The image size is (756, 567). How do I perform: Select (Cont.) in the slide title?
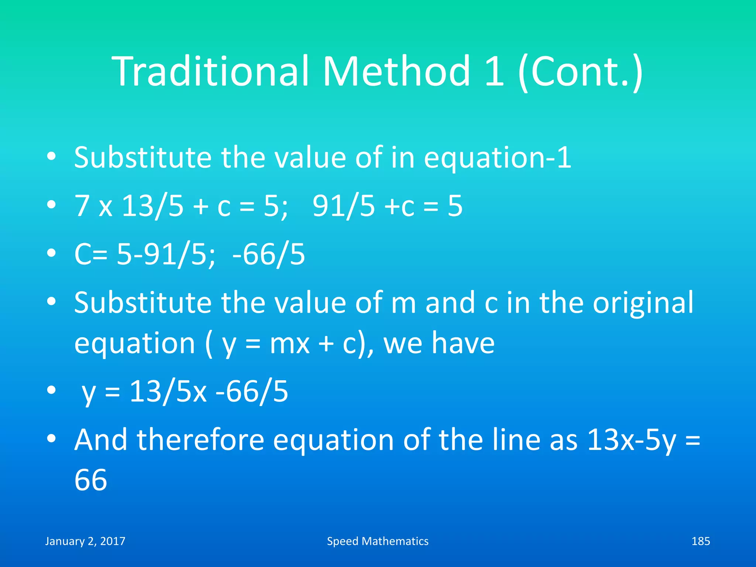[580, 72]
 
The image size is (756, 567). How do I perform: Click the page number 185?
[700, 541]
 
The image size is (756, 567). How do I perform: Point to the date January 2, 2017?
[85, 541]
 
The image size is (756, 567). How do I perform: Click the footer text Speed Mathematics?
[378, 541]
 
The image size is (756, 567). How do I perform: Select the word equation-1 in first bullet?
[497, 158]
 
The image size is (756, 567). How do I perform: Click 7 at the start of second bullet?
[82, 206]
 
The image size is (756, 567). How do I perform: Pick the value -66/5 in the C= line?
[269, 255]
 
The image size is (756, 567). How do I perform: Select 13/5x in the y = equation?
[168, 391]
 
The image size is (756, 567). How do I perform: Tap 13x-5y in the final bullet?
[632, 440]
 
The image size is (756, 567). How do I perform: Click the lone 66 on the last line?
[91, 480]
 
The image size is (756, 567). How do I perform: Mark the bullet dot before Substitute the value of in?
[51, 157]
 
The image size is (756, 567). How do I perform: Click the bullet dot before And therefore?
[51, 439]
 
